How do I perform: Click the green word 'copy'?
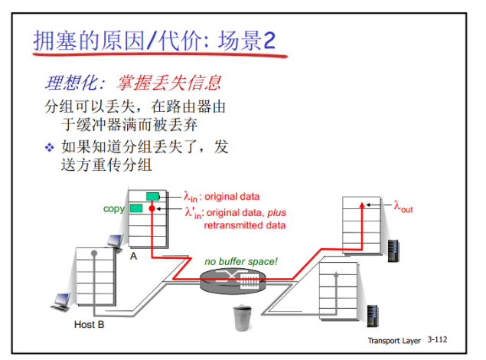coord(114,208)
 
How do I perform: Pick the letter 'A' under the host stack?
coord(133,256)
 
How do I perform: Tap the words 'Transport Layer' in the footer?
coord(394,339)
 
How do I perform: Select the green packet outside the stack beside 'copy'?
coord(136,208)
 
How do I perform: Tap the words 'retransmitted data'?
coord(244,225)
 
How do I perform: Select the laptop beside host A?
coord(115,241)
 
